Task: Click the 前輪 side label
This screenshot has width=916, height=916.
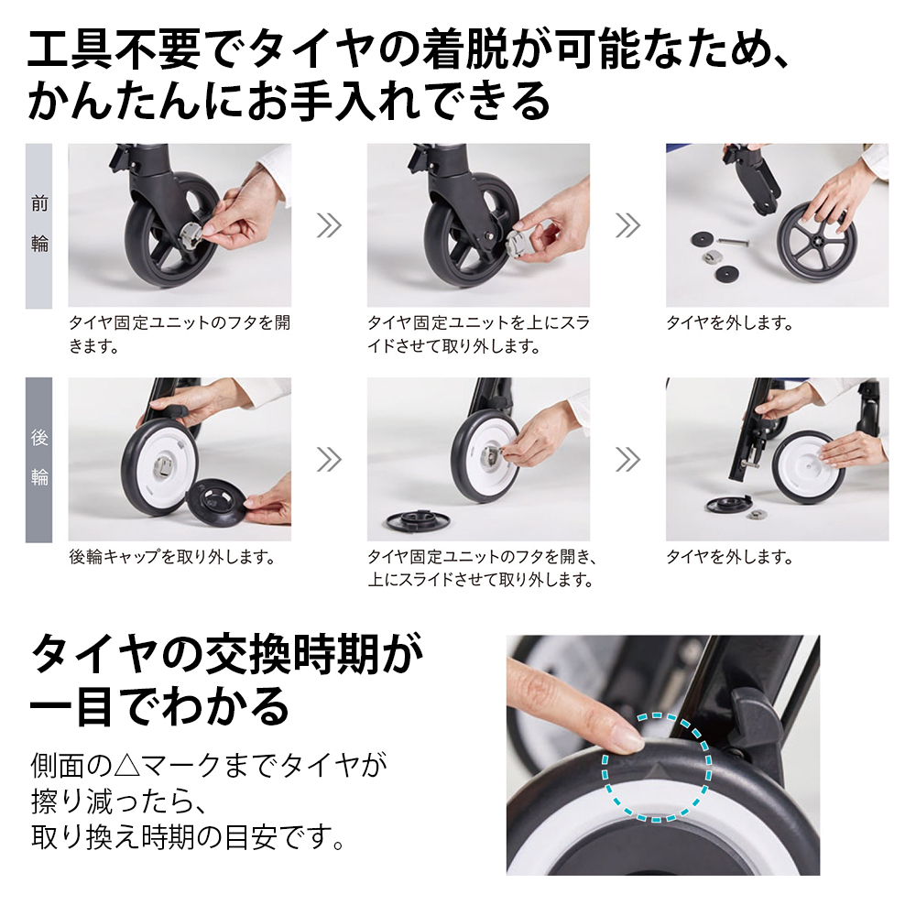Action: [39, 224]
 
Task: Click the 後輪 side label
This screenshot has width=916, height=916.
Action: [39, 458]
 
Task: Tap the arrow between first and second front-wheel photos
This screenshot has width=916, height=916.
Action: [329, 225]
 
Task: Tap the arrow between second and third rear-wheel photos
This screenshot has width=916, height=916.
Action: [628, 459]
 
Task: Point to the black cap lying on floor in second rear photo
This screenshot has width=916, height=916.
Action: [419, 519]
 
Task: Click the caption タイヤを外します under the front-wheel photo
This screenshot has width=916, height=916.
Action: [730, 323]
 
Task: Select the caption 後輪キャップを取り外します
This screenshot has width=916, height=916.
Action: [172, 557]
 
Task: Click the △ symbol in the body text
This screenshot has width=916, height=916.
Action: [127, 765]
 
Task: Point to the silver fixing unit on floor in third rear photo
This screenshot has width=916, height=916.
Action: [757, 514]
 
